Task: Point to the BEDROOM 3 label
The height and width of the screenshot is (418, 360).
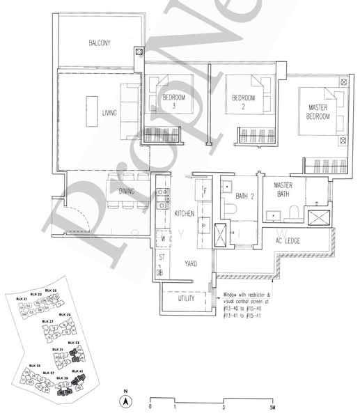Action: [x=174, y=102]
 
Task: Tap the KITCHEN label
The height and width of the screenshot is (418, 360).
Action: [x=184, y=213]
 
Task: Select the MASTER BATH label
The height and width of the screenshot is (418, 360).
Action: [x=287, y=190]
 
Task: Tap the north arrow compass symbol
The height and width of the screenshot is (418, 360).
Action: [x=125, y=402]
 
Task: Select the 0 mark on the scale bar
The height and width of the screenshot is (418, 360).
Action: [x=150, y=406]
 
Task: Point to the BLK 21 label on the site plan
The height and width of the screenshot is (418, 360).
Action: [x=22, y=299]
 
